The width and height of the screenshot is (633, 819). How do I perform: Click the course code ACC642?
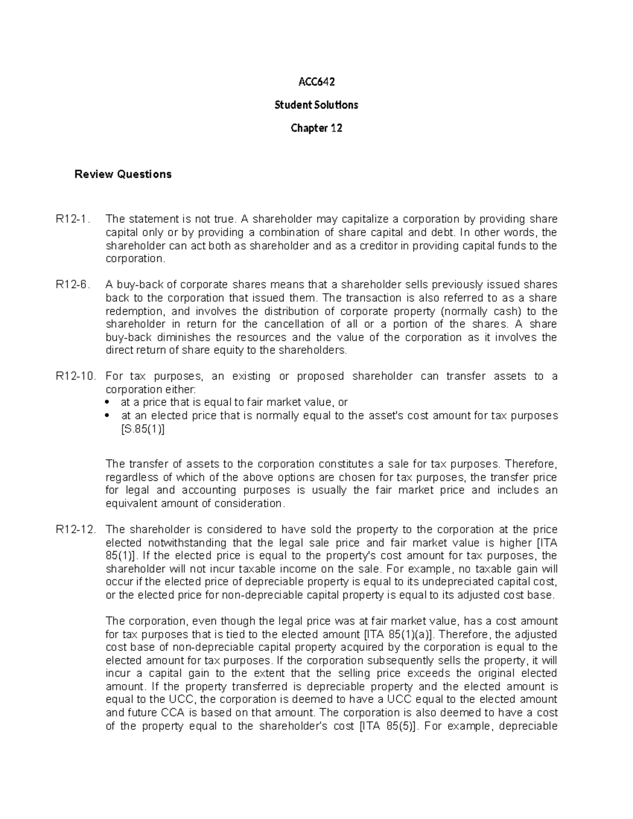(316, 82)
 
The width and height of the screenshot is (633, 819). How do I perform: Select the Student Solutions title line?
(316, 105)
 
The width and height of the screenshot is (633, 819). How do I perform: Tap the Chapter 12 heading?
(316, 128)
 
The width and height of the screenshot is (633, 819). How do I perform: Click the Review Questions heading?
(123, 175)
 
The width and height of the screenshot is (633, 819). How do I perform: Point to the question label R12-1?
(73, 219)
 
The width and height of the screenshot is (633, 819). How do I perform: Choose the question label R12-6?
(73, 285)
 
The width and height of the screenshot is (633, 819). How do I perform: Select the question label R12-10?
(75, 377)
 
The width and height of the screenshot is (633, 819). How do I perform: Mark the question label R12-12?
(75, 530)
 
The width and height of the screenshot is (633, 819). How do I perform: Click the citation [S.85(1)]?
(143, 429)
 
